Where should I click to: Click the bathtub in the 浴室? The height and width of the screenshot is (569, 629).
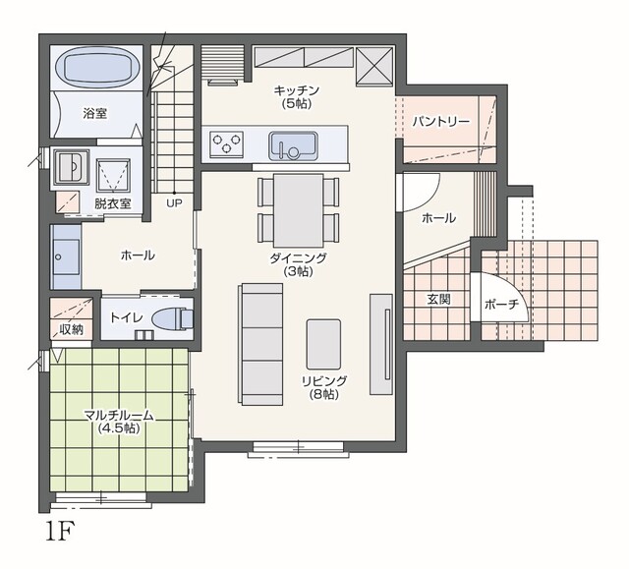pyautogui.click(x=97, y=67)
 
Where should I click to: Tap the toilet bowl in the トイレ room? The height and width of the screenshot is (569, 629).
pyautogui.click(x=173, y=319)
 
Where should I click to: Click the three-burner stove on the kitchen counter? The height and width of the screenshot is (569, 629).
pyautogui.click(x=227, y=143)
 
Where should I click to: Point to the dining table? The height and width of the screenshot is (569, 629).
pyautogui.click(x=299, y=210)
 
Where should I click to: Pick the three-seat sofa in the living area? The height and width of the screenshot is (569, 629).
pyautogui.click(x=261, y=344)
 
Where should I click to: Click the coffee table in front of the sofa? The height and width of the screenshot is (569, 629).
pyautogui.click(x=323, y=344)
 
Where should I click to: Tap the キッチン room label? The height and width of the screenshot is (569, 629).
pyautogui.click(x=297, y=96)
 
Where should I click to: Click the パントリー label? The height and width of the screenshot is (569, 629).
pyautogui.click(x=441, y=121)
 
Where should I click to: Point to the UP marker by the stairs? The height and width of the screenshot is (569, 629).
pyautogui.click(x=174, y=203)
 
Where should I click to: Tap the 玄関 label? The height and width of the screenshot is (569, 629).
pyautogui.click(x=439, y=299)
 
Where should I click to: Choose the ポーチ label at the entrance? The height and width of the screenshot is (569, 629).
pyautogui.click(x=501, y=305)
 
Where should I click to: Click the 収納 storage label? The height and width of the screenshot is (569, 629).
pyautogui.click(x=71, y=329)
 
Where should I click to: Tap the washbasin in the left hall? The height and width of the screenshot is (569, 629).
pyautogui.click(x=66, y=257)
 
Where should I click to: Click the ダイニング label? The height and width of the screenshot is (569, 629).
pyautogui.click(x=298, y=264)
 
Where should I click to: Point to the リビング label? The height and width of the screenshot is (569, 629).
pyautogui.click(x=324, y=387)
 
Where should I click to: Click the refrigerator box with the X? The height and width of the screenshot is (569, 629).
pyautogui.click(x=374, y=66)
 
